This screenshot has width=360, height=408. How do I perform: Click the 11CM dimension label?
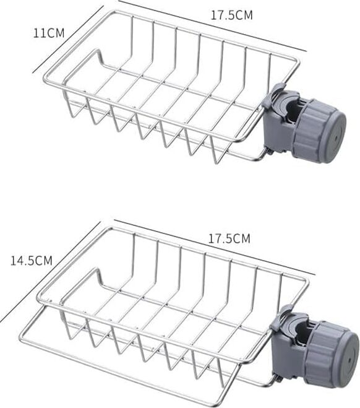49,33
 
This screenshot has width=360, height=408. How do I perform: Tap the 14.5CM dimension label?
32,261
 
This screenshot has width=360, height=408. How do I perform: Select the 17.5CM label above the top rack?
231,15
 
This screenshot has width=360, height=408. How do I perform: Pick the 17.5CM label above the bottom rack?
229,238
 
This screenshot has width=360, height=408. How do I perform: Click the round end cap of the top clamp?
335,137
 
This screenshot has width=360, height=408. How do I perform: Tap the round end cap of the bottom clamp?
347,360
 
